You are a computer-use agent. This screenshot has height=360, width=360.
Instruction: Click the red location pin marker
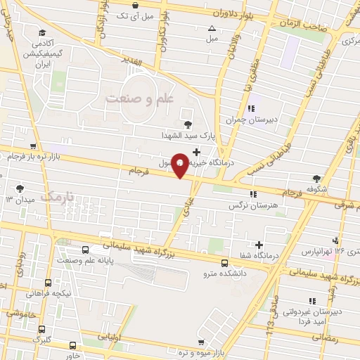[x=181, y=165]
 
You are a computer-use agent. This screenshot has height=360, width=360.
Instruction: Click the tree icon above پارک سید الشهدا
[x=187, y=124]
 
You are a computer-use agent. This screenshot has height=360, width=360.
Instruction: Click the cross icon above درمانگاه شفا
[x=260, y=245]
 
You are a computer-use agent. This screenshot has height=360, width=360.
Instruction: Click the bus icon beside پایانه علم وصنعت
[x=86, y=250]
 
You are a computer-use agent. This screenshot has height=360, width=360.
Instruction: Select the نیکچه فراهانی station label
[x=49, y=293]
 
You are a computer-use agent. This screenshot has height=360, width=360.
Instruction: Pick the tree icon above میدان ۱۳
[x=20, y=188]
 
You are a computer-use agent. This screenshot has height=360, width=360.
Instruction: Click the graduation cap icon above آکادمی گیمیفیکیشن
[x=43, y=32]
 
